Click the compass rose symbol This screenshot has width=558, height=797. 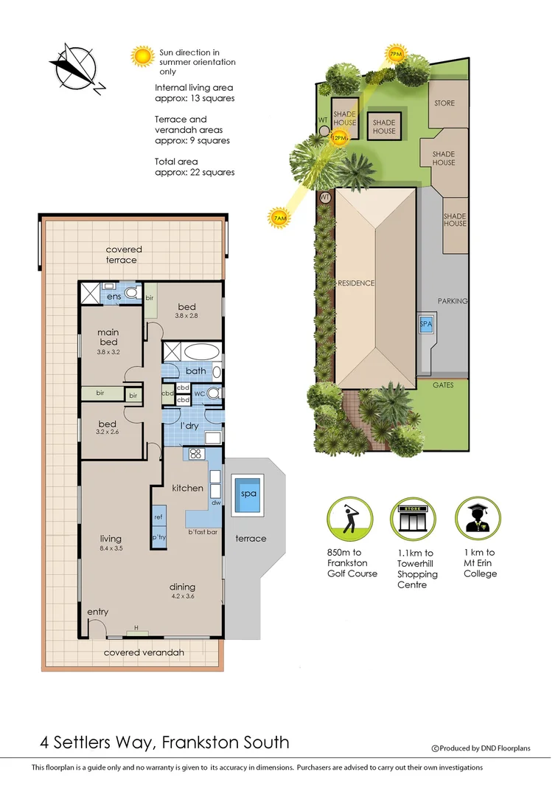coord(74,67)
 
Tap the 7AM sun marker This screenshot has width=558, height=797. coord(279,217)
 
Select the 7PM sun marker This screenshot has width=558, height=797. coord(396,54)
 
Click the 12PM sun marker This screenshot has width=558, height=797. coord(339,137)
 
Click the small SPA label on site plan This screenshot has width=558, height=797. coord(426,325)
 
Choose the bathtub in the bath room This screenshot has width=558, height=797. coord(200,351)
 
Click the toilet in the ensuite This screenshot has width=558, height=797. coord(131,293)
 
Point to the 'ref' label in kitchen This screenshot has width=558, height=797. coord(158,517)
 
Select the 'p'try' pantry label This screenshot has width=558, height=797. coord(158,537)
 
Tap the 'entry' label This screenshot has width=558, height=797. coord(98,612)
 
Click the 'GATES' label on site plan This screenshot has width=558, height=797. coord(444,385)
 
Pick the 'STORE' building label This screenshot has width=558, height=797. coord(444,103)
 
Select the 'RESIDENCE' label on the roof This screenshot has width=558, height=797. coord(356,283)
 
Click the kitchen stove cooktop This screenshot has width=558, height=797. coord(197,454)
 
